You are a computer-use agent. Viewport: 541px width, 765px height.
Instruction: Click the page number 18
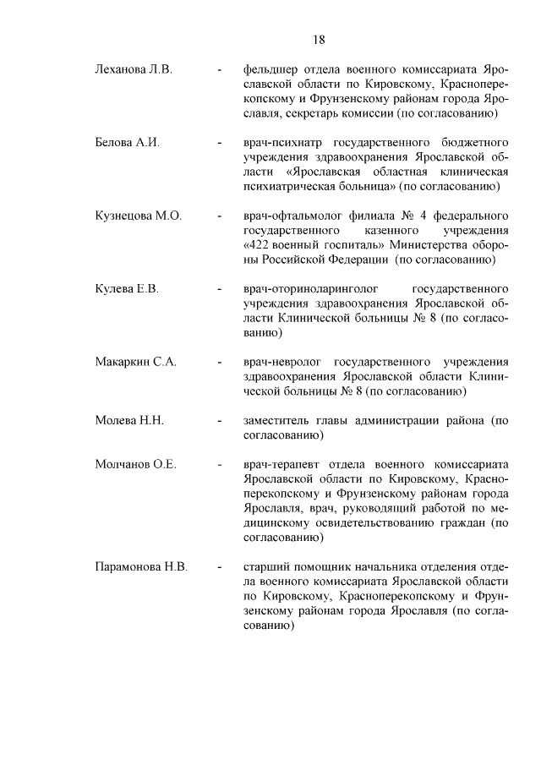(x=319, y=40)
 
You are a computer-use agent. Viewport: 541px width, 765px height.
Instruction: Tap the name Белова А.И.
(x=128, y=142)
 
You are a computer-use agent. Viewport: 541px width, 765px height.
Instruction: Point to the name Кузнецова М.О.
(x=139, y=216)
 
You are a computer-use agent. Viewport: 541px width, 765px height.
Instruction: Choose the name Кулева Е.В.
(x=127, y=289)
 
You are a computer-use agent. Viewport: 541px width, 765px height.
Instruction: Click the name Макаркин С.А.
(x=135, y=363)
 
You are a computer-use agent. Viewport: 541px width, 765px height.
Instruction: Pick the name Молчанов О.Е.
(x=135, y=465)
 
